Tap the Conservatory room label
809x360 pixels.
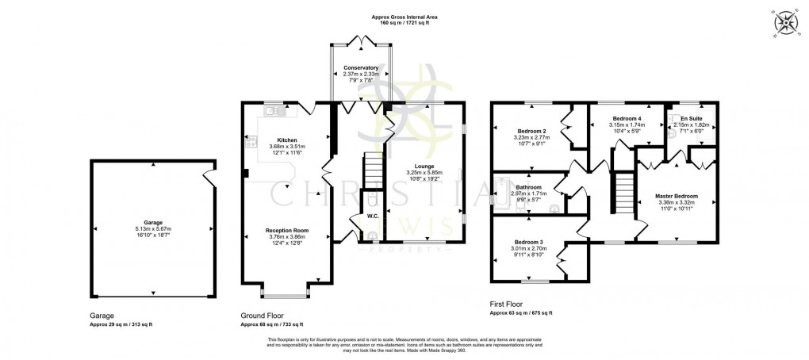pos(361,68)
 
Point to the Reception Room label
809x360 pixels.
pos(286,230)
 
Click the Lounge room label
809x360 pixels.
pos(424,166)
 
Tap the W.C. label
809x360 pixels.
pos(371,215)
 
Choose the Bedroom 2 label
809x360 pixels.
pos(531,131)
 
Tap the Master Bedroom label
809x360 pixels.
pos(677,196)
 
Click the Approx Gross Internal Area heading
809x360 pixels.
pos(404,17)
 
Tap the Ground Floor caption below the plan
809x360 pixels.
pos(261,315)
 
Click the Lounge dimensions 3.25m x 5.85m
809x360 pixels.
pos(424,173)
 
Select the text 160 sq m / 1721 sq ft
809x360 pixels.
pos(404,23)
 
